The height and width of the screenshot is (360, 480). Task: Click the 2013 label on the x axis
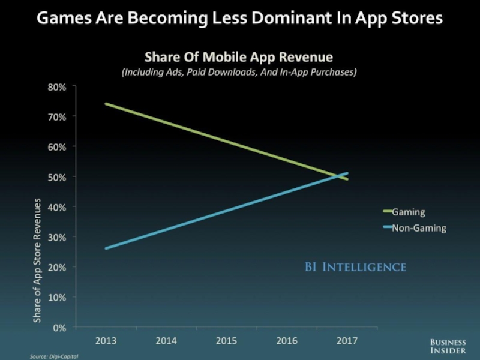(106, 341)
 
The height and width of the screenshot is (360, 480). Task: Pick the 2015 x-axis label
(226, 341)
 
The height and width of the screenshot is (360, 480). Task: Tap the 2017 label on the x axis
(347, 341)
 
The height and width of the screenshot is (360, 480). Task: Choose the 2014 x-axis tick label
(166, 341)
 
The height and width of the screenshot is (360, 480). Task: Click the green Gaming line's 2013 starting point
(106, 104)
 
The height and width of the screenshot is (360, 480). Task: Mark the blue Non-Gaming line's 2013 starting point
(106, 248)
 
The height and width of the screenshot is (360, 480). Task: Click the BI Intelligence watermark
(355, 266)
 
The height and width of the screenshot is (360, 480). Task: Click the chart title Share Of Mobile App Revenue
(238, 58)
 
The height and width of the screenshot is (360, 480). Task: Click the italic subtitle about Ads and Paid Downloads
(239, 72)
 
